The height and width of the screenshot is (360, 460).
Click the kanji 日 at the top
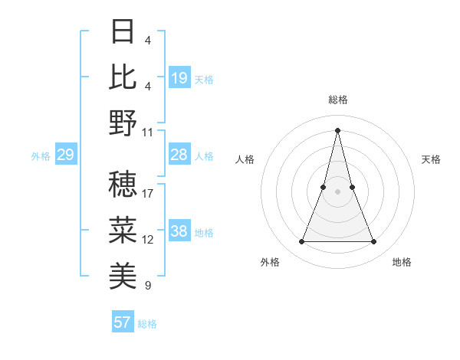pos(123,31)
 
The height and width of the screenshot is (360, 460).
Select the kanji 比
pos(123,77)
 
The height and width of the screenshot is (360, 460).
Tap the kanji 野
pos(123,123)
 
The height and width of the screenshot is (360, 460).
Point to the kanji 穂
pos(123,184)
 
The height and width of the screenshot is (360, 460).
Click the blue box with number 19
pos(179,77)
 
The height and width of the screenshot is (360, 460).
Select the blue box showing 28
pos(179,155)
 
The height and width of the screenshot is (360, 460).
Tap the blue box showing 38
pos(179,232)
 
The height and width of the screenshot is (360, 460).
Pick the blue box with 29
pos(65,155)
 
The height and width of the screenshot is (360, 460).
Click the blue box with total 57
pos(123,322)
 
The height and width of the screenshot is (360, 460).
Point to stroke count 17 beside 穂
pos(148,193)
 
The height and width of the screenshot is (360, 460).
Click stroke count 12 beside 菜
pos(148,240)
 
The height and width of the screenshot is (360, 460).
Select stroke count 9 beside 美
pos(148,286)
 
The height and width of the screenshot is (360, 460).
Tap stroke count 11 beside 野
pos(148,132)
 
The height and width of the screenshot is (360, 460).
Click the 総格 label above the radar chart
pos(338,100)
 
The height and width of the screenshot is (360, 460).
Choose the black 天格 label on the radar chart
pos(432,159)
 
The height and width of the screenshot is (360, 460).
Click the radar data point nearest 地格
pos(374,242)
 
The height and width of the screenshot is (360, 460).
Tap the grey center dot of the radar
pos(338,191)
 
